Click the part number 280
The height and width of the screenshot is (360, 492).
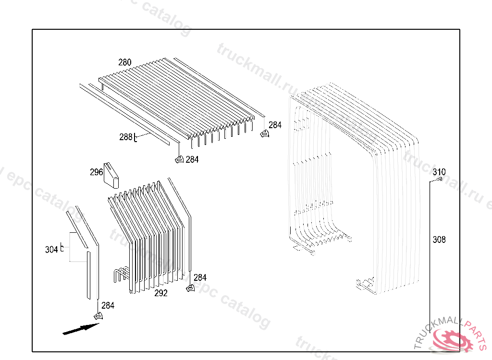pos(125,62)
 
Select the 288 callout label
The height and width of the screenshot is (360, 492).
pos(125,137)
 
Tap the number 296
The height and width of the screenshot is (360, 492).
pos(96,172)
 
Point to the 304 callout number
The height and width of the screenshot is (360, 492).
pos(51,250)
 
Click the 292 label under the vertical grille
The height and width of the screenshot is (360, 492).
pos(161,293)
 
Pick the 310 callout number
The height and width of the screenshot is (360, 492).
pos(439,172)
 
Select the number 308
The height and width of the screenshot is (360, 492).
pos(439,240)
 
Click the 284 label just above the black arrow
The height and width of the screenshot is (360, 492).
pos(108,305)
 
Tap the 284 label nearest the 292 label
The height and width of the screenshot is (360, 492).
pos(200,277)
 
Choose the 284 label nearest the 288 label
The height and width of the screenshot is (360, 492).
pos(192,159)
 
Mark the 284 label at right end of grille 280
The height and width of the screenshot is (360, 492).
pos(275,125)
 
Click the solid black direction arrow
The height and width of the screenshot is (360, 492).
pos(81,329)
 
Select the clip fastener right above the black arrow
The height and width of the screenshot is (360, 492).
pos(98,315)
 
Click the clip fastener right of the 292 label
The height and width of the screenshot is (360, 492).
pos(190,288)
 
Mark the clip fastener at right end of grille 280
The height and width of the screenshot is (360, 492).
pos(264,133)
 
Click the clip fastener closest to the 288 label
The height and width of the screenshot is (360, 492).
pos(179,159)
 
